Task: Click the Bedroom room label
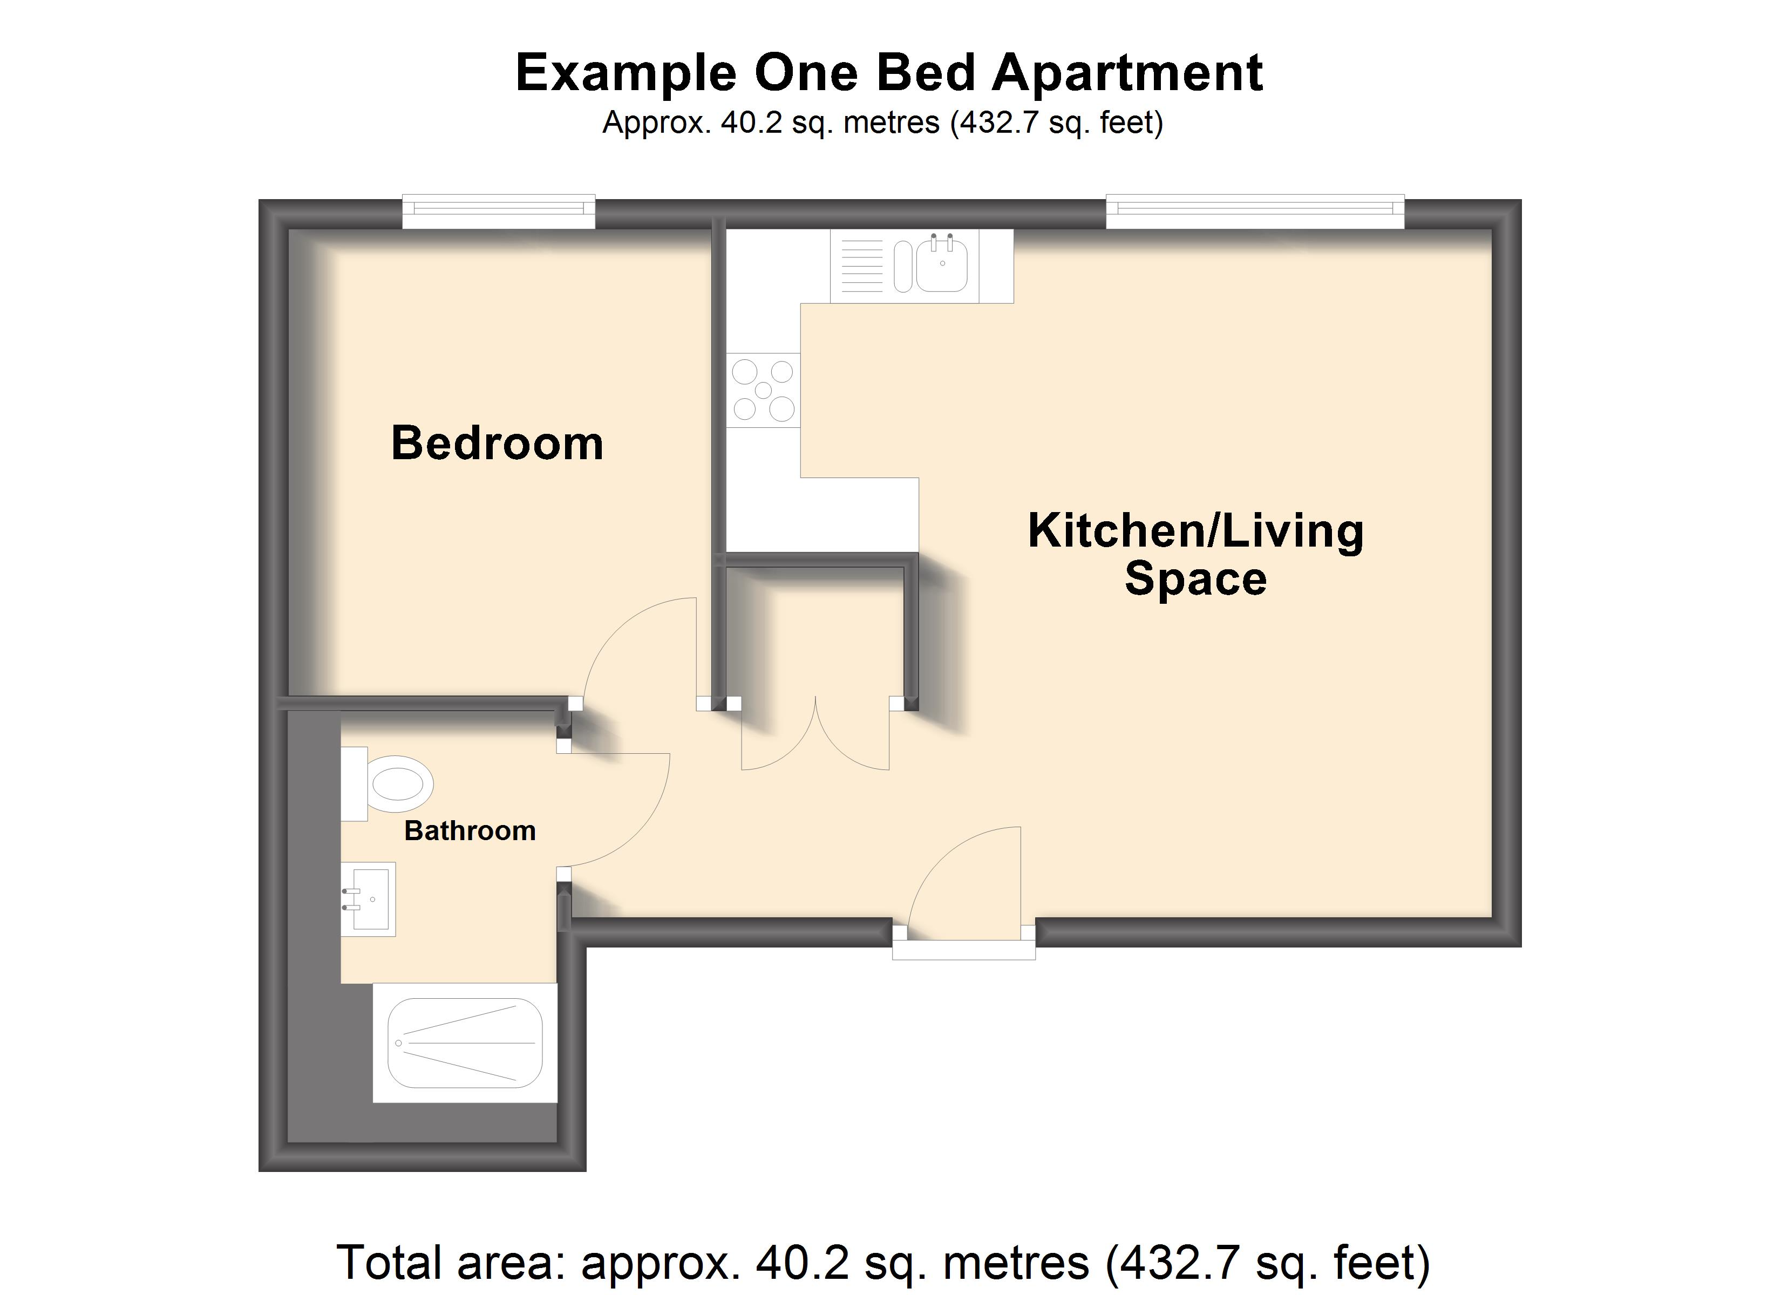[497, 443]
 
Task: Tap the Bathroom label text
[470, 831]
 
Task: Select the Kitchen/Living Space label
[1195, 555]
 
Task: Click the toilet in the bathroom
[387, 784]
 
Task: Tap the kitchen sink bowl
[942, 263]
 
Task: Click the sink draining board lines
[862, 266]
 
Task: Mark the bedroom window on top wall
[499, 212]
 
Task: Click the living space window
[1255, 212]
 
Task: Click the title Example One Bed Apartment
[889, 72]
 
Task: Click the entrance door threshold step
[963, 950]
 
